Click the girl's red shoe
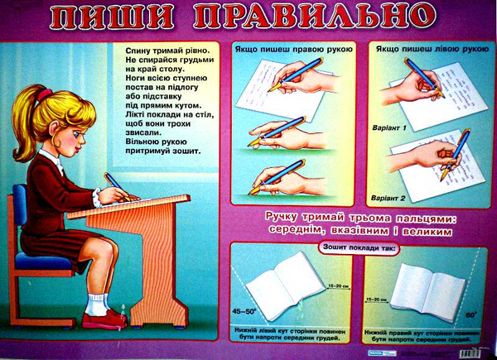tap(105, 318)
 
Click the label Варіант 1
tap(389, 129)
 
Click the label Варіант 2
tap(389, 199)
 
